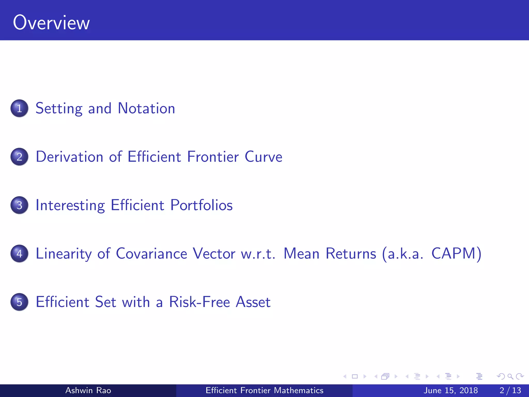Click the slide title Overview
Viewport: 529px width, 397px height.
pos(51,23)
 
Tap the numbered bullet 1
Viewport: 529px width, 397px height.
pos(19,108)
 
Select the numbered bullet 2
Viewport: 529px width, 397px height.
pos(19,157)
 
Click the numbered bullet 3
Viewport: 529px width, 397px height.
pos(19,205)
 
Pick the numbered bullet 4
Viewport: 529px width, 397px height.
pos(19,254)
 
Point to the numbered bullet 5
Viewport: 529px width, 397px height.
pos(19,302)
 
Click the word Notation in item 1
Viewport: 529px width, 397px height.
pos(146,108)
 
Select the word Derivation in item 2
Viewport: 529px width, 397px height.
pos(69,157)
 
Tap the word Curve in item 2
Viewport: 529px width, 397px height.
pos(263,157)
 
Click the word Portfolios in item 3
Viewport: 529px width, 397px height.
pos(201,205)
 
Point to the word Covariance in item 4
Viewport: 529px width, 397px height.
pos(151,254)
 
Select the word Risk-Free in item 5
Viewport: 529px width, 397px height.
pos(199,302)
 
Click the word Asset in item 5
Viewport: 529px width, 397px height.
pos(253,302)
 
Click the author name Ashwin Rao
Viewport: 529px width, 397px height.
pos(88,390)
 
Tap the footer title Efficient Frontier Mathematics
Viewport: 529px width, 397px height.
pos(264,390)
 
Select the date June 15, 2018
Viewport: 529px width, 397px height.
pos(451,390)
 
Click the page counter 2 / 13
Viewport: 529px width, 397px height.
pos(510,390)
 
